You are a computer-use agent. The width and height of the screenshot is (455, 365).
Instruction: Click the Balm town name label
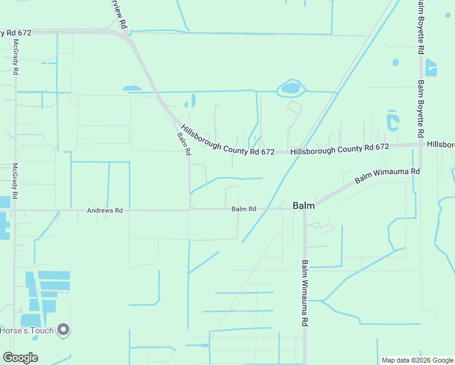[304, 206]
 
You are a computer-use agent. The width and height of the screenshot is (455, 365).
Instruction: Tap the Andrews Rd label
[105, 210]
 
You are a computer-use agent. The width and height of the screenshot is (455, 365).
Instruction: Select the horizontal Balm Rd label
[243, 209]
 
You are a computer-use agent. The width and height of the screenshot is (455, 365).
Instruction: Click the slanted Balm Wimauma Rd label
[387, 176]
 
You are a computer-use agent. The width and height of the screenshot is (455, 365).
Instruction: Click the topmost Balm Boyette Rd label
[420, 27]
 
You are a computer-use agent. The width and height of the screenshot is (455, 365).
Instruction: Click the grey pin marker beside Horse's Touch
[63, 330]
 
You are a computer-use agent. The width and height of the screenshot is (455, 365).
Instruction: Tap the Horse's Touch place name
[27, 331]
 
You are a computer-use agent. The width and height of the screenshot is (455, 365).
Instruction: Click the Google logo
[20, 357]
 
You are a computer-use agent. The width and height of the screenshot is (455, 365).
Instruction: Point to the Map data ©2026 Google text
[417, 360]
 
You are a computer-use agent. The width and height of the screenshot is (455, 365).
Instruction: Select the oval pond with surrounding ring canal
[291, 89]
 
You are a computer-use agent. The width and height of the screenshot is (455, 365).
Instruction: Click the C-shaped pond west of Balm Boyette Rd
[392, 120]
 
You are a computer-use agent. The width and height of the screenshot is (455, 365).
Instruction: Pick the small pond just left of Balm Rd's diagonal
[131, 89]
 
